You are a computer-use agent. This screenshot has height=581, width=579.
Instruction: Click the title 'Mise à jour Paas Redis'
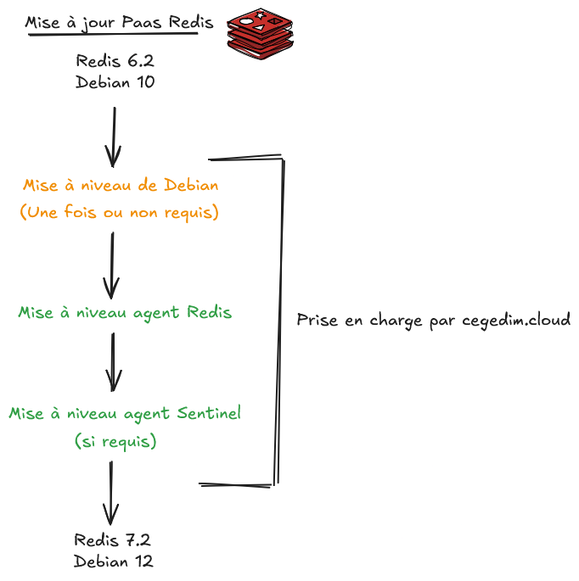point(119,23)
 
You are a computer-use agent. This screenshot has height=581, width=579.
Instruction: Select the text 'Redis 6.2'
point(115,62)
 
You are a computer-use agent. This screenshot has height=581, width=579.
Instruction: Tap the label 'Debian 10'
point(115,83)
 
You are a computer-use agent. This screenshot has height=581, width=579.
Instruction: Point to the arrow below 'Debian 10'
point(113,136)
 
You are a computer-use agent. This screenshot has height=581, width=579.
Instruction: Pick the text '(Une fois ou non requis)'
point(119,213)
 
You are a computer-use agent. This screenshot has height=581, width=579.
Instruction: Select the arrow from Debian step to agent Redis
point(111,263)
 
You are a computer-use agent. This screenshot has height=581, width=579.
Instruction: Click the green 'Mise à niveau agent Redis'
point(125,313)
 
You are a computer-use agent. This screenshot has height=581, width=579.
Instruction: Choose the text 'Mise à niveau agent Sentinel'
point(125,414)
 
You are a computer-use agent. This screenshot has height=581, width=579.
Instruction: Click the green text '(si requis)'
point(115,442)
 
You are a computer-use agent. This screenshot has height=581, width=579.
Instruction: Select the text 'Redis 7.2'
point(113,540)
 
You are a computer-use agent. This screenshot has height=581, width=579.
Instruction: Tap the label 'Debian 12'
point(113,561)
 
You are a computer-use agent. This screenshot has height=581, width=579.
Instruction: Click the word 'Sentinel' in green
point(210,414)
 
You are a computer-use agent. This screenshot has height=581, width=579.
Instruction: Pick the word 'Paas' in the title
point(142,23)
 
